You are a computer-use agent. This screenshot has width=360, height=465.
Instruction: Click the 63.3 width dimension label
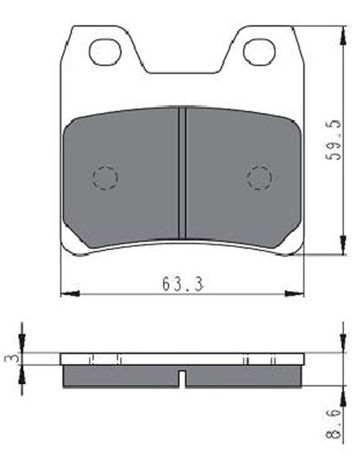pos(182,283)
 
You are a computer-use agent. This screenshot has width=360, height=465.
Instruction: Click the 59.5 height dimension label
pos(333,140)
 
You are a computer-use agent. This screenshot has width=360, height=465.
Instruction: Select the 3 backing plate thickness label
pos(10,358)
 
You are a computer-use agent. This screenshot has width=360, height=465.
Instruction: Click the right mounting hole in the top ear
pos(259,53)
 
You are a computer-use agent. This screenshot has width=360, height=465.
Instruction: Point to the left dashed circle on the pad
pos(105,178)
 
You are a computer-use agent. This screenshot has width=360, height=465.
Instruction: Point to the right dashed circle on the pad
pos(260,178)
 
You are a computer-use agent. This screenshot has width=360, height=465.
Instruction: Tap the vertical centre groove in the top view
pos(182,174)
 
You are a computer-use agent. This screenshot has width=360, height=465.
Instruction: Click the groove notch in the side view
pos(183,379)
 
